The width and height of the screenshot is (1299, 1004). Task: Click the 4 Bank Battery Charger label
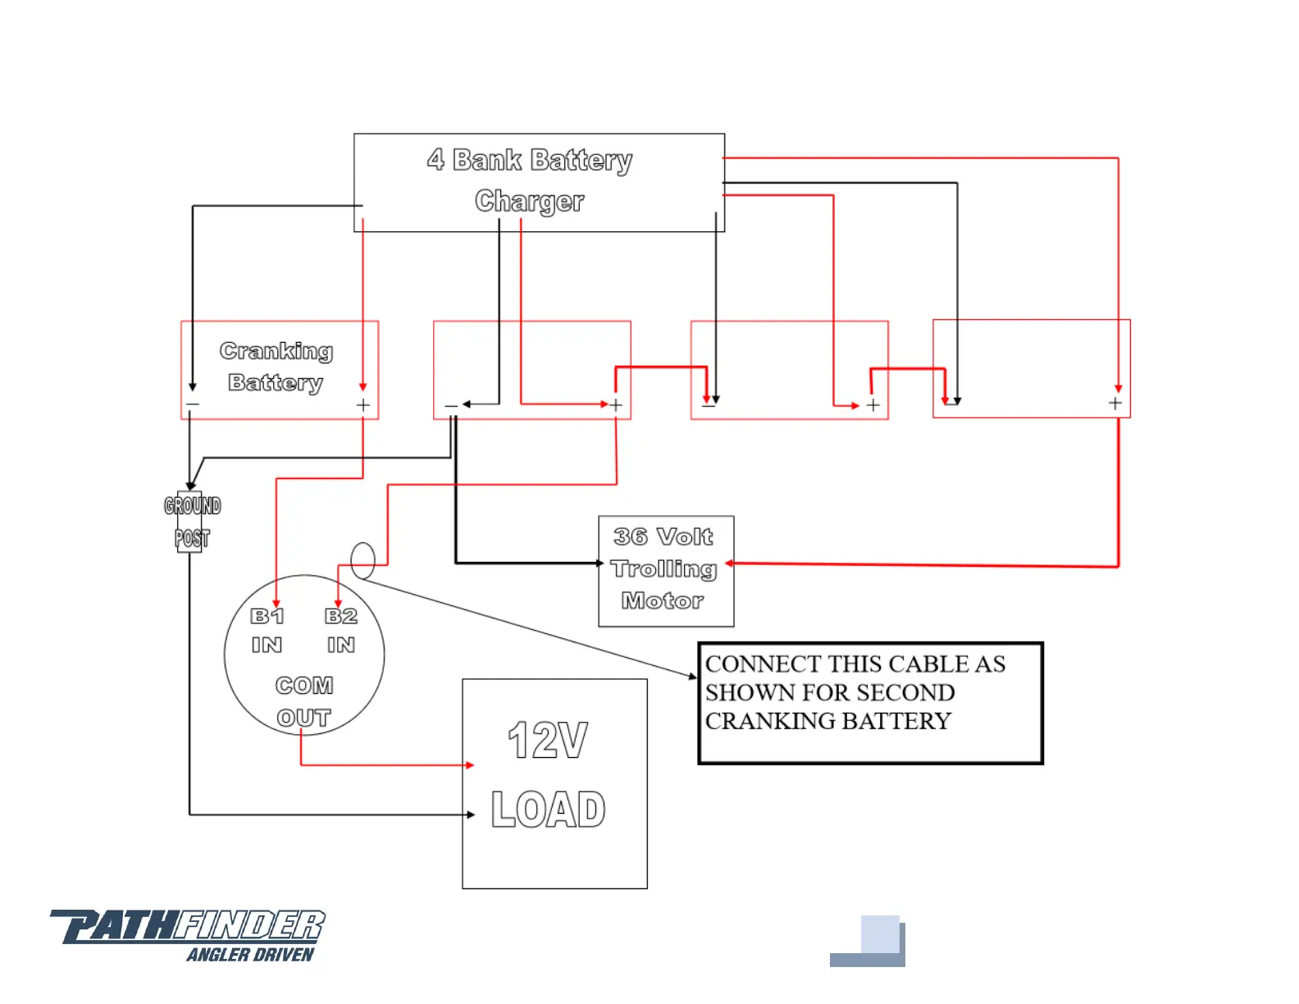pos(530,180)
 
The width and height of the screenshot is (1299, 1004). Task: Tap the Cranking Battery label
pos(276,367)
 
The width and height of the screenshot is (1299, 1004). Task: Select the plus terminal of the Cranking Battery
pos(363,405)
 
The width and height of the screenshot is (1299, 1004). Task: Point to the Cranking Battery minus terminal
pos(193,405)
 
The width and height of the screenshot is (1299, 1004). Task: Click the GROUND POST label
pos(192,522)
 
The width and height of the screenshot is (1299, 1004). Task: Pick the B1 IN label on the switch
pos(267,630)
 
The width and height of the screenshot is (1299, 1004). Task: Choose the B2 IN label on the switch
pos(341,630)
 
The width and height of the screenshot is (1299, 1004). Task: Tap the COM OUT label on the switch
pos(304,701)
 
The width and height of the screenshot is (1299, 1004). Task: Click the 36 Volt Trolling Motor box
pos(665,571)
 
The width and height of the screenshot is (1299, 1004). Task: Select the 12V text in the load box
pos(548,740)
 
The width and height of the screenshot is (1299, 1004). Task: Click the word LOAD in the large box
pos(548,810)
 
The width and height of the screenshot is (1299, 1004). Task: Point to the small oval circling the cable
pos(362,561)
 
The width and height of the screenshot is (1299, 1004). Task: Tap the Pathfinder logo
pos(188,927)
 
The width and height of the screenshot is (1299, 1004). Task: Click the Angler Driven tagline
pos(250,955)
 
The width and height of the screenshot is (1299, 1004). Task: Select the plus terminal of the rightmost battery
pos(1115,404)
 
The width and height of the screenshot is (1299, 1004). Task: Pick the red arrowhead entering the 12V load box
pos(470,765)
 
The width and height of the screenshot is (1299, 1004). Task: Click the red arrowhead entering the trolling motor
pos(729,564)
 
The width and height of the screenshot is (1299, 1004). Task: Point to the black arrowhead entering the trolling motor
pos(600,564)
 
